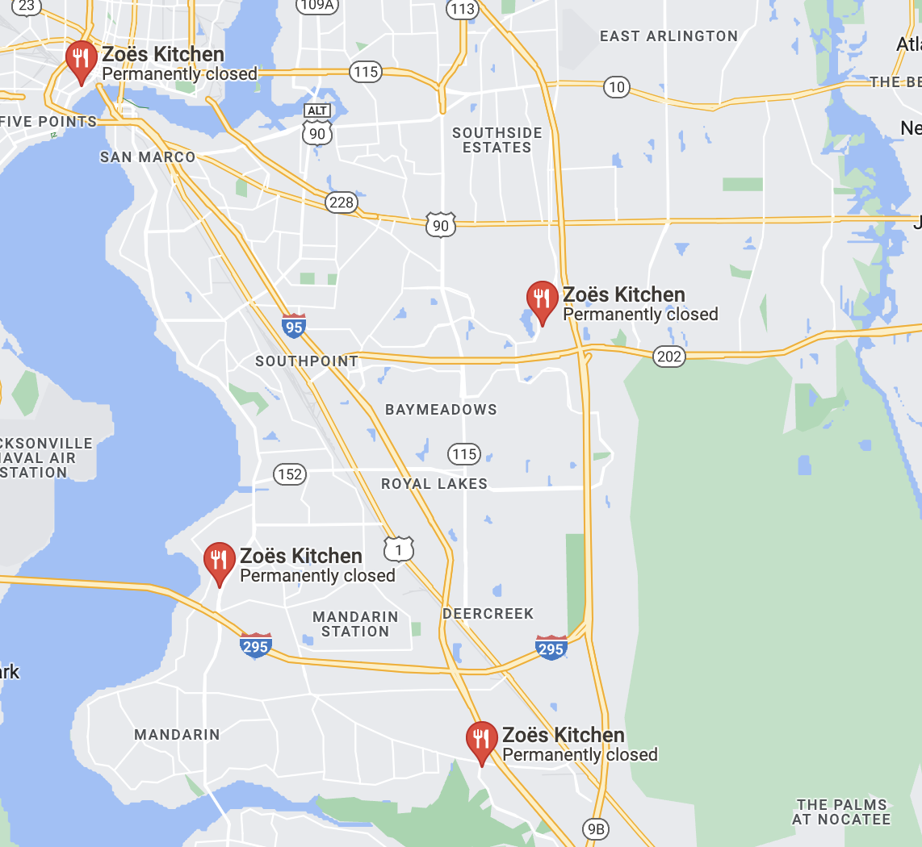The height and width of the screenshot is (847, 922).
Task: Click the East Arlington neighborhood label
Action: (x=668, y=36)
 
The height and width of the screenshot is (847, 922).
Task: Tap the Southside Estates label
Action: (x=497, y=140)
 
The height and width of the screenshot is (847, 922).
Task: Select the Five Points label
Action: (x=49, y=122)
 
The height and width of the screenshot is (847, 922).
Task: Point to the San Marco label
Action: (x=148, y=157)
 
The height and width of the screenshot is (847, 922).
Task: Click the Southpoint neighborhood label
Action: (x=307, y=361)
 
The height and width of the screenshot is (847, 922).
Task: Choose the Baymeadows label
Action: (x=441, y=410)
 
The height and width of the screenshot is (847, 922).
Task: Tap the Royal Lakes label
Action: (x=434, y=484)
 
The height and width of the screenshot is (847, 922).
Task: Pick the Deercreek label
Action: (x=488, y=614)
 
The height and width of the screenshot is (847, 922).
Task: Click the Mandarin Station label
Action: (x=355, y=624)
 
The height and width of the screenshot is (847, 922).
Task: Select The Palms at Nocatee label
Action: (x=841, y=812)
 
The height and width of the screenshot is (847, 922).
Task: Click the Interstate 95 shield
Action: (x=294, y=326)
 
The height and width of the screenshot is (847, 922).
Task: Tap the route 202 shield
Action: (x=669, y=356)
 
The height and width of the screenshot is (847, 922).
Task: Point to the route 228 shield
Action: (x=342, y=202)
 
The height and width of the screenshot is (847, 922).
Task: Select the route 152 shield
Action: (x=289, y=474)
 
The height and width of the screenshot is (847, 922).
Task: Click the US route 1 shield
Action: (x=399, y=549)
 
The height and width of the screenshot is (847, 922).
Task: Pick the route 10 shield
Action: (x=617, y=87)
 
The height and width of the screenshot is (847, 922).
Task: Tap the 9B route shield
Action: (x=595, y=828)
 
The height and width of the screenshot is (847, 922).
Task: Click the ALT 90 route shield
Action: (x=318, y=125)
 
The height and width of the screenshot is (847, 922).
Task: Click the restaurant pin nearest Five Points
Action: (x=81, y=60)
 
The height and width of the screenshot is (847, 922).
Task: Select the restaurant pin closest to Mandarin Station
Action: (x=219, y=561)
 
